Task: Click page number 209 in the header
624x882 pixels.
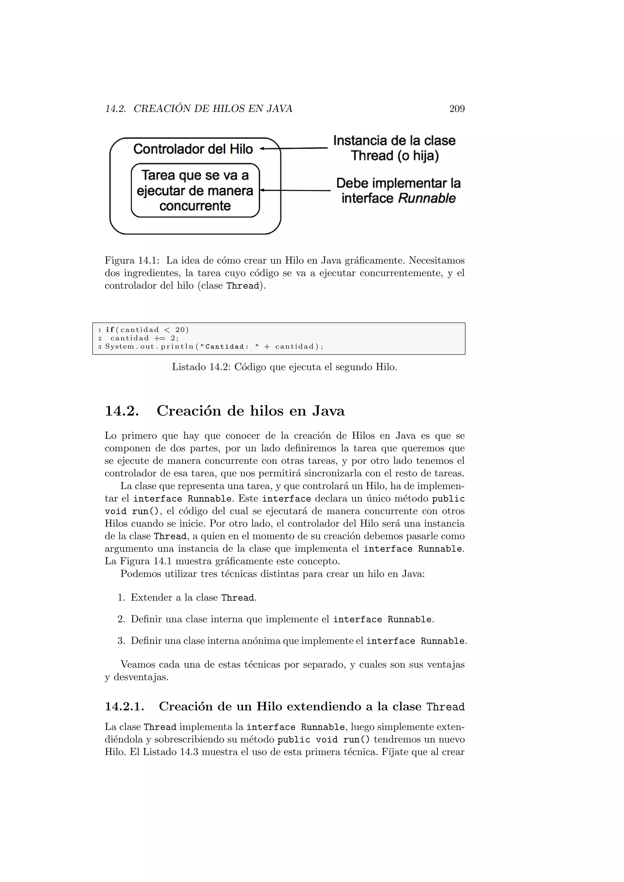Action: (457, 109)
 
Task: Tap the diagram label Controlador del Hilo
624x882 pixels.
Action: (193, 149)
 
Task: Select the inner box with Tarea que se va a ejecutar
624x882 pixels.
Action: (195, 191)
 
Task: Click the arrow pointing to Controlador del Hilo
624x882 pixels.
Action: (294, 148)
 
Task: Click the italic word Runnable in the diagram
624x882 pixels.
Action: (427, 198)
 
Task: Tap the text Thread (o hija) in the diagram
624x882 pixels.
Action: (395, 156)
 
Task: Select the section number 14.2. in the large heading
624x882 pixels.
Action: (122, 411)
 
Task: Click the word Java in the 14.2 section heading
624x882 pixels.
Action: (328, 411)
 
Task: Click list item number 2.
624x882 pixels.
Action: (122, 619)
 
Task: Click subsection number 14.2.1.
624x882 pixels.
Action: (125, 707)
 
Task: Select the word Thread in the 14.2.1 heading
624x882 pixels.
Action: (445, 707)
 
